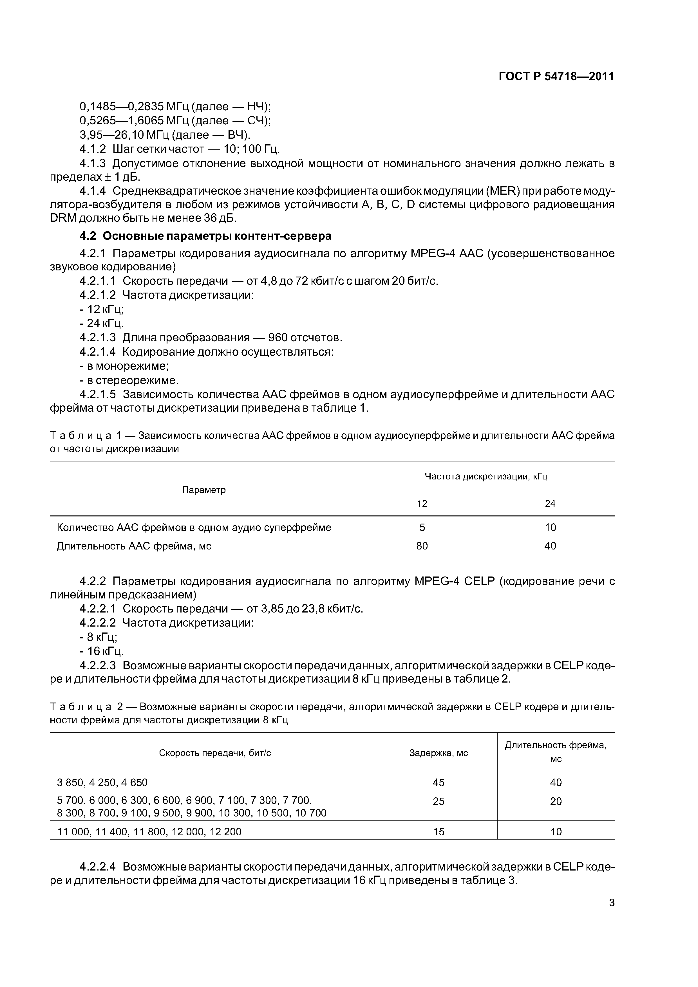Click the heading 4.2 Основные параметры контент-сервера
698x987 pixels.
[205, 236]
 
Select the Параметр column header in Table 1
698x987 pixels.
[204, 490]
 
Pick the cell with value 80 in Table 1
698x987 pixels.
[422, 546]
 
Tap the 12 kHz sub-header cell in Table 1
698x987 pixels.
[422, 503]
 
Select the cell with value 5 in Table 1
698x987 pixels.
[422, 527]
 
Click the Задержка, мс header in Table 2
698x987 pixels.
[438, 753]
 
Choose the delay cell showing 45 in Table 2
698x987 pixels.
[438, 782]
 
